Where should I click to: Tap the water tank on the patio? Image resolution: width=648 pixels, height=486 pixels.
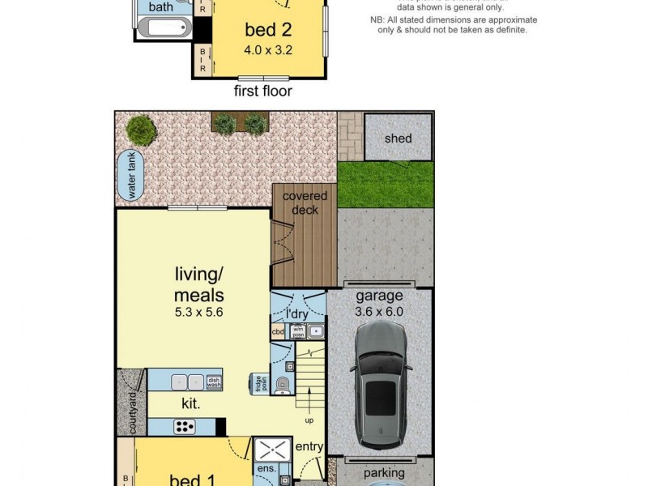coord(128,175)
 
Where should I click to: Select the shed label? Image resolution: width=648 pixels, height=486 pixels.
coord(398,138)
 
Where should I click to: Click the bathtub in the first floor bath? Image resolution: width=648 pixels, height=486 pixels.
coord(165,29)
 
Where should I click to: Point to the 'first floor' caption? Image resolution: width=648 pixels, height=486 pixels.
coord(262,91)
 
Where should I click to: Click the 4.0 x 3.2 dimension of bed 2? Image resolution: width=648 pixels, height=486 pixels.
coord(267,49)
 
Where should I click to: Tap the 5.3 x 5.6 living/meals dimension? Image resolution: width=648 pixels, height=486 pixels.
coord(198,310)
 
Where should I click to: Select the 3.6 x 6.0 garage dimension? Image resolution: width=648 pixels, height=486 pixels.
coord(378,310)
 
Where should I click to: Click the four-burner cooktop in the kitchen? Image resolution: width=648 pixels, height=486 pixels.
coord(185,426)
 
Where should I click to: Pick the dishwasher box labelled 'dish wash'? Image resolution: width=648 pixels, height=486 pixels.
coord(214,382)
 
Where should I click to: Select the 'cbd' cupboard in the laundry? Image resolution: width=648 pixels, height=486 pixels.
coord(278,331)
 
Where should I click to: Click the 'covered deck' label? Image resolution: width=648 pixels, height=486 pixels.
coord(305,202)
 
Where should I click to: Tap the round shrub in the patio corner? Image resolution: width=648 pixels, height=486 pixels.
coord(142,129)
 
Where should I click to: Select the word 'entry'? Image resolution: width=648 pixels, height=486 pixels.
coord(309,446)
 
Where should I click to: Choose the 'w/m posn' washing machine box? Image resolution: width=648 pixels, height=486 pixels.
coord(297,330)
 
